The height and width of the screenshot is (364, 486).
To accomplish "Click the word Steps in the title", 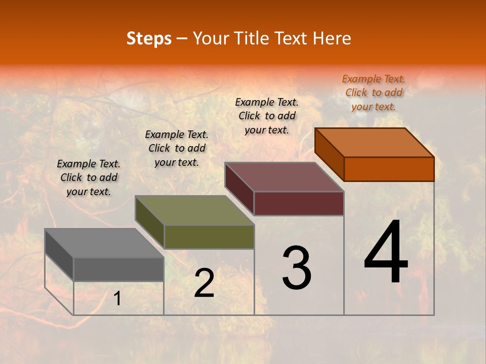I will pos(149,38).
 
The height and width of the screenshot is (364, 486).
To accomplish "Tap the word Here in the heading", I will pos(332,38).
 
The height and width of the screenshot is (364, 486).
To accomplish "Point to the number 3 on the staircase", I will pos(297,268).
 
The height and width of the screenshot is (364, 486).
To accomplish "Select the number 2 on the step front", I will pos(204,283).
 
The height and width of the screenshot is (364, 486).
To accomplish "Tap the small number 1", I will pos(117,299).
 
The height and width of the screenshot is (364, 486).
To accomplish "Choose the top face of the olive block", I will pos(194,210).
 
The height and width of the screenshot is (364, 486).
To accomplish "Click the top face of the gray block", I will pos(104,243).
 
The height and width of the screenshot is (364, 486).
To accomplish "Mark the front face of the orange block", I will pos(389,169).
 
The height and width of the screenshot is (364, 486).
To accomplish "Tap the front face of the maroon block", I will pos(299,203).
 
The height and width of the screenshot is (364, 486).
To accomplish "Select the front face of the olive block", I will pos(209,237).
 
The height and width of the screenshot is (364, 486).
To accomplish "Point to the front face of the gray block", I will pos(118,269).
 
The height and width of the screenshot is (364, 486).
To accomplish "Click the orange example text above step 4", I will pos(374,93).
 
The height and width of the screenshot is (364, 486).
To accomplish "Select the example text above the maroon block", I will pos(267,116).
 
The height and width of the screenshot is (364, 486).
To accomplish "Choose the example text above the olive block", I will pos(177,148).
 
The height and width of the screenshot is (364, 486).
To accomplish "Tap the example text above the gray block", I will pos(89,177).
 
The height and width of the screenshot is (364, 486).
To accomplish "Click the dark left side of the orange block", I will pos(329,154).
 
